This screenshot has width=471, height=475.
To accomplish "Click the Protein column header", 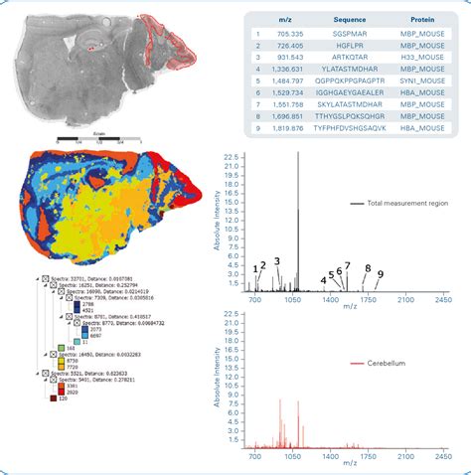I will [x=424, y=19].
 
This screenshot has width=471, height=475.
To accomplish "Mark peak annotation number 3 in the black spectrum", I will [x=277, y=261].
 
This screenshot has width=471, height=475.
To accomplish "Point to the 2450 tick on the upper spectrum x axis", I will [x=442, y=299].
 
